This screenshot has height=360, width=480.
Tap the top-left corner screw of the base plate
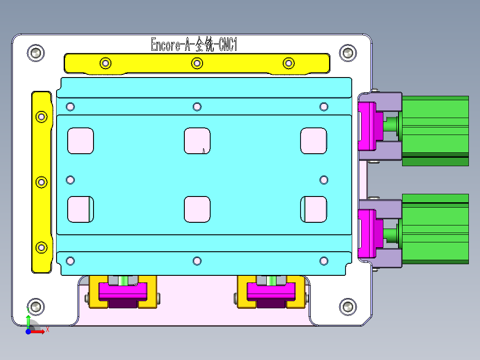(x=36, y=53)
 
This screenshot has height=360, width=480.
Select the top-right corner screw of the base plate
(x=348, y=53)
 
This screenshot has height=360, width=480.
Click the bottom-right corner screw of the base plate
(x=348, y=307)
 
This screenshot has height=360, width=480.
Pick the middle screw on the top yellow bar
(x=197, y=63)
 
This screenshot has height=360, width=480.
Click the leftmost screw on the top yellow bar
(x=105, y=63)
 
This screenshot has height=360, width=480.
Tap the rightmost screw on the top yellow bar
(x=289, y=63)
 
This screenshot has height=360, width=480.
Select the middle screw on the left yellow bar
(x=41, y=182)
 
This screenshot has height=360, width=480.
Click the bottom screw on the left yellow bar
(x=41, y=247)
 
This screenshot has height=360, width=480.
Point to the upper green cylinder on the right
(x=435, y=131)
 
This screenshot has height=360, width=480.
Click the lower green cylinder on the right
(x=435, y=228)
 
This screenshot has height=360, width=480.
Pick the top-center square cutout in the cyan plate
(x=197, y=140)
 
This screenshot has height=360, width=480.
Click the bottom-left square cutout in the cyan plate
(x=81, y=209)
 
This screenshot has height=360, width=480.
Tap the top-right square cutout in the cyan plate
(x=314, y=140)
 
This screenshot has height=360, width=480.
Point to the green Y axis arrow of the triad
(x=28, y=320)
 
